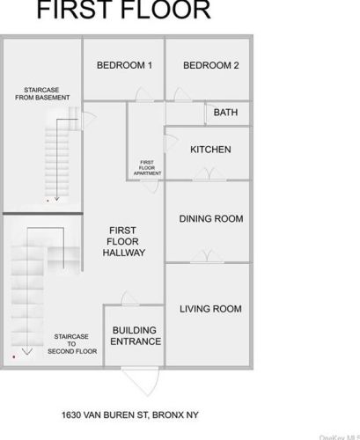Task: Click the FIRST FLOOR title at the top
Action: click(123, 10)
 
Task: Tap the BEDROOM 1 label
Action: click(124, 65)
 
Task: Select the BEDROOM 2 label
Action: click(211, 65)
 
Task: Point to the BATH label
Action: click(225, 113)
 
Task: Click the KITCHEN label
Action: click(210, 150)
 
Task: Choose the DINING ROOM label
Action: click(211, 219)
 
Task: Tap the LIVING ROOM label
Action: click(210, 309)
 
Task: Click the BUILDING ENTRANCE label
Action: click(136, 336)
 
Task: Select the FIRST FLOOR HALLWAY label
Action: click(123, 241)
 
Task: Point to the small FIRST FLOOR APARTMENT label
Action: click(147, 168)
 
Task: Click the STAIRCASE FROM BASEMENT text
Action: click(42, 93)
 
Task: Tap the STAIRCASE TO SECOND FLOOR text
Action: click(72, 344)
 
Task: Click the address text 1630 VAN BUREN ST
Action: click(105, 415)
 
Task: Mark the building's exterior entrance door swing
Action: click(142, 381)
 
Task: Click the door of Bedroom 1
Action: click(143, 94)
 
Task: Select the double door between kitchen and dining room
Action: click(209, 173)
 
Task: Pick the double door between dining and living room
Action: click(207, 256)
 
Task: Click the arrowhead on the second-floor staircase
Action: click(27, 352)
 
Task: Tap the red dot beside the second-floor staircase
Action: click(14, 356)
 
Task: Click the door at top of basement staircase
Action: click(88, 120)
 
